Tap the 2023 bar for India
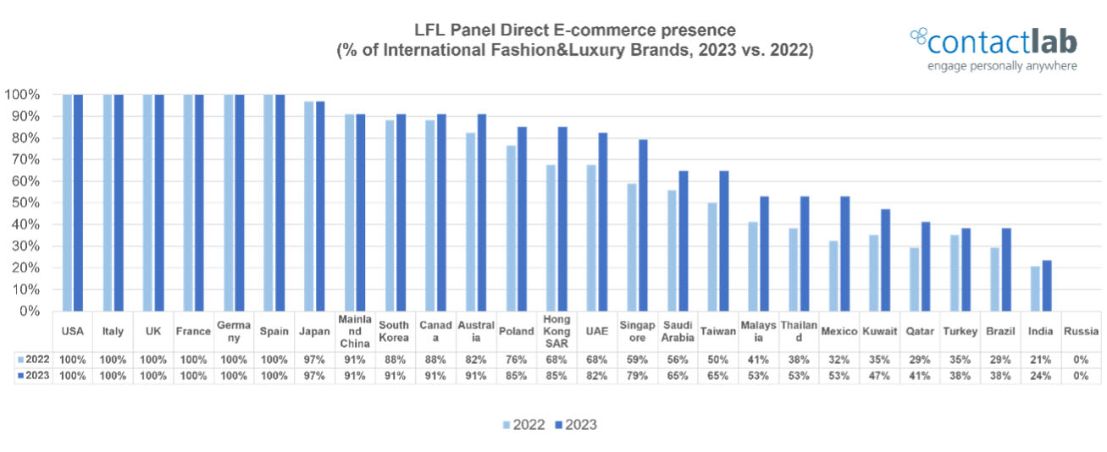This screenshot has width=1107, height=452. pyautogui.click(x=1047, y=285)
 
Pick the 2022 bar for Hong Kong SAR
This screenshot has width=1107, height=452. pyautogui.click(x=551, y=238)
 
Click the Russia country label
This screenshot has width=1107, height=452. pyautogui.click(x=1081, y=332)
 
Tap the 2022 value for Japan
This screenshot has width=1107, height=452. pyautogui.click(x=315, y=358)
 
